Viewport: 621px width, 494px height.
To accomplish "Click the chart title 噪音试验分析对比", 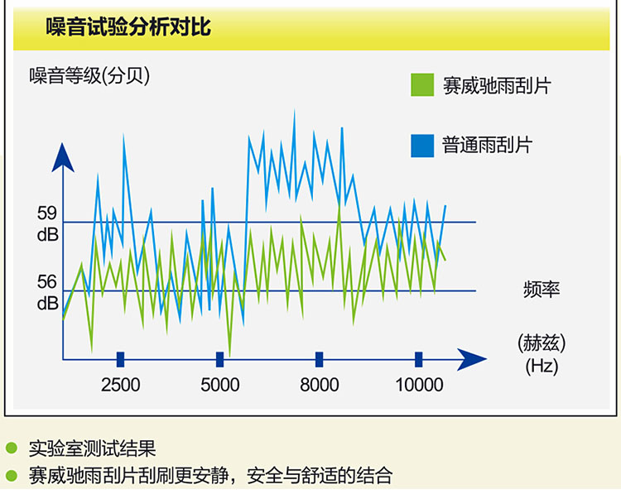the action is [x=128, y=27].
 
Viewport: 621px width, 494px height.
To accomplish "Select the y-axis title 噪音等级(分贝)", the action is [x=89, y=75].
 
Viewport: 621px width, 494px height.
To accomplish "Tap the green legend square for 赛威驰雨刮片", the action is [x=422, y=84].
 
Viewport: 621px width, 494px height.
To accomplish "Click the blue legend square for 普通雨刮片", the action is [x=422, y=146].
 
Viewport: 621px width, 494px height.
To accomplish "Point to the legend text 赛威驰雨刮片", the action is [x=497, y=85].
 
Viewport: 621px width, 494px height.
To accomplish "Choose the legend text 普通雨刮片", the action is [x=487, y=145].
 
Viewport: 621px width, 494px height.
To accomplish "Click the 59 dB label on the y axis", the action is [x=47, y=224].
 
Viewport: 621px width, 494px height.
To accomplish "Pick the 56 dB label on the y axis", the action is [x=47, y=293].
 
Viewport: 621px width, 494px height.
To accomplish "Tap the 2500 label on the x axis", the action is [x=120, y=385].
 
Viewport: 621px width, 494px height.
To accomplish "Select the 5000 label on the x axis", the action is [x=219, y=385].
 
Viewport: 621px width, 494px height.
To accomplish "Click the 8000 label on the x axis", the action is [x=320, y=385].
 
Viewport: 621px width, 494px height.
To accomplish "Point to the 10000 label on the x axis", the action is [x=419, y=385].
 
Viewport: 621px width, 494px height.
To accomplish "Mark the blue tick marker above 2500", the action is [x=120, y=359].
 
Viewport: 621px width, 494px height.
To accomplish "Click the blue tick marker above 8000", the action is [x=320, y=359].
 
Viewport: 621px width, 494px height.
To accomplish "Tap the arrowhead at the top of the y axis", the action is [x=63, y=158].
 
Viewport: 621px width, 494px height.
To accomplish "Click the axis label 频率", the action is [x=542, y=290].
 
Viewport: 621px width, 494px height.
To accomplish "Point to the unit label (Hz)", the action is [x=542, y=366].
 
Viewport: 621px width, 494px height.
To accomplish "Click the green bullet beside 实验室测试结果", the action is [x=12, y=448].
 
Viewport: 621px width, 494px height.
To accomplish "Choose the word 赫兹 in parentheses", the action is [x=542, y=343].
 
